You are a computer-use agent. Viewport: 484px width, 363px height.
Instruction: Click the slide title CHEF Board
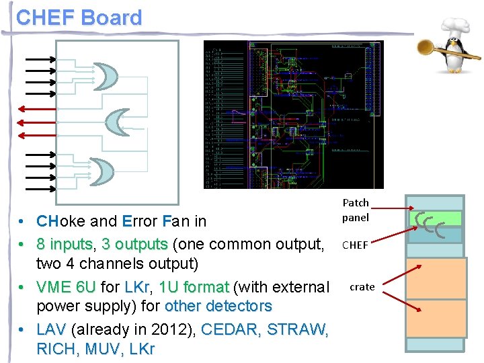[79, 17]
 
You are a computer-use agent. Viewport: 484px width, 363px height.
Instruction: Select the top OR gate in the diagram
[104, 77]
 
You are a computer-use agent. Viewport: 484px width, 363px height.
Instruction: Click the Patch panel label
[356, 210]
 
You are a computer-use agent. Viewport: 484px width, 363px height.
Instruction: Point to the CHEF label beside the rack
[355, 245]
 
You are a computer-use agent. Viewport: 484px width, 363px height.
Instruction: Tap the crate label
[362, 287]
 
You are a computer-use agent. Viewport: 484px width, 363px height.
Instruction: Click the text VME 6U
[66, 287]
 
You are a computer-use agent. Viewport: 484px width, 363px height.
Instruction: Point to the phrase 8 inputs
[67, 243]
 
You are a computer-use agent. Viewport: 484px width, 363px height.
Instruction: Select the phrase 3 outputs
[134, 243]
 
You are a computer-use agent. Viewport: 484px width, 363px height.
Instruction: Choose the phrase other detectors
[218, 306]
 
